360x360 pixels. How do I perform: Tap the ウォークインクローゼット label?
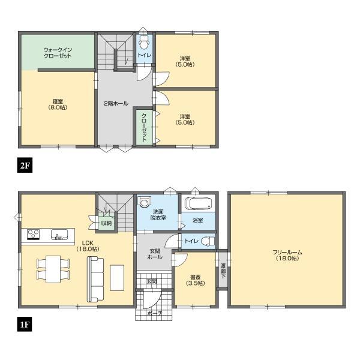tap(58, 52)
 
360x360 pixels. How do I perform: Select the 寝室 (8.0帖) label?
tap(58, 104)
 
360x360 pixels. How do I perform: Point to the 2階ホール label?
tap(116, 103)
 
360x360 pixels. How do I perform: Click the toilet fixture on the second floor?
tap(144, 43)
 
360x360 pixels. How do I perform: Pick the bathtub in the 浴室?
tap(197, 203)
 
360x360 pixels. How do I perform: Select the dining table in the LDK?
tap(53, 268)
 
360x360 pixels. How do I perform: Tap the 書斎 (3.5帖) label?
tap(194, 280)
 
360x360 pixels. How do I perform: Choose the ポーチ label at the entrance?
tap(155, 313)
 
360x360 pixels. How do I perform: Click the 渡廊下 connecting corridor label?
tap(223, 269)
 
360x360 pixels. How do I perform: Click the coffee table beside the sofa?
tap(118, 277)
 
